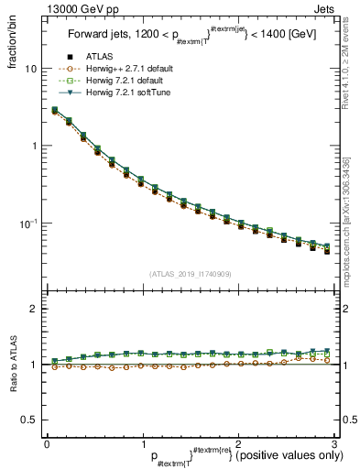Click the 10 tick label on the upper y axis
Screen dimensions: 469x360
coord(30,69)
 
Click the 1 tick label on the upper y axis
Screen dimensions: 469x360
coord(33,147)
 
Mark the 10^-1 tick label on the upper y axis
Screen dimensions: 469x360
coord(28,223)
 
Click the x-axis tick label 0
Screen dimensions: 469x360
coord(47,443)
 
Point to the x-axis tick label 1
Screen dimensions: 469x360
coord(142,443)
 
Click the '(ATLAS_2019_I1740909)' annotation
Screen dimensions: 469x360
coord(190,274)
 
